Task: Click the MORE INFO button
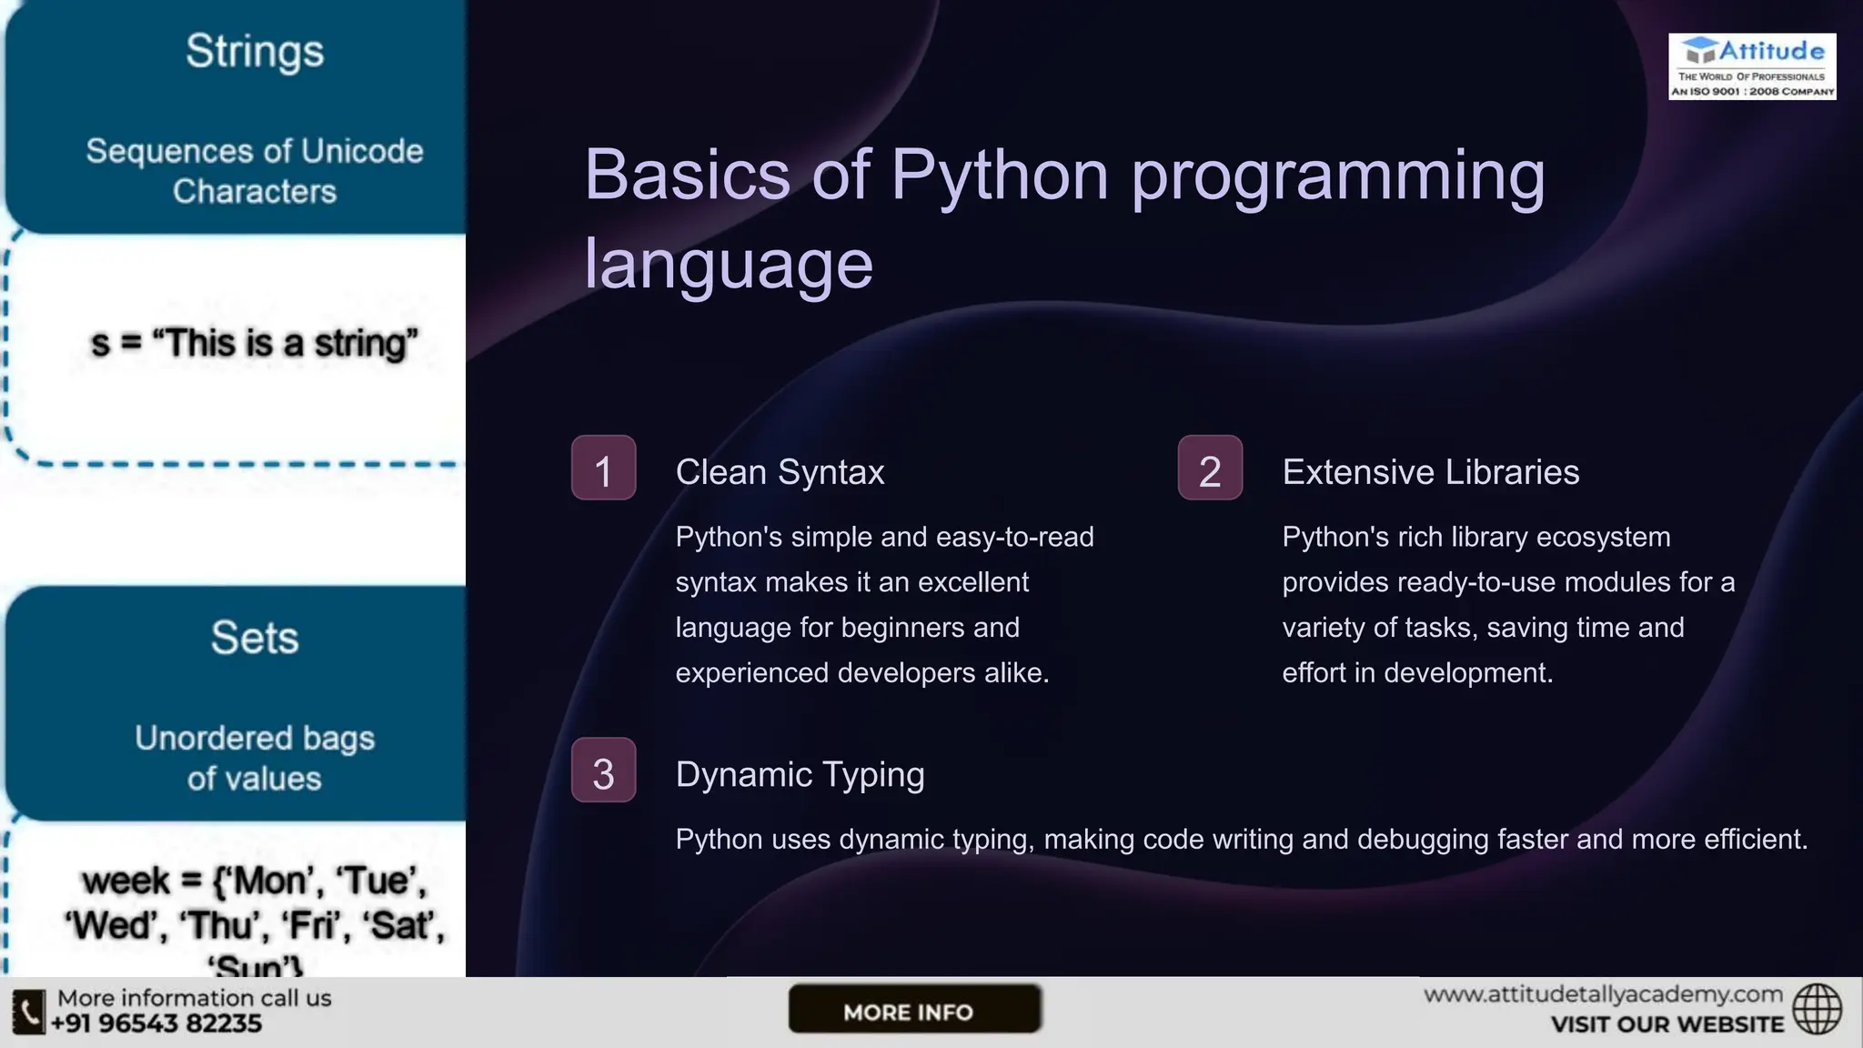[913, 1010]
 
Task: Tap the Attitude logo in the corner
[1752, 66]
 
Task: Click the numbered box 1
[603, 469]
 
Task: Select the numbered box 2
[1210, 469]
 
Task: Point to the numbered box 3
[603, 771]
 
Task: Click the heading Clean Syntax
[780, 472]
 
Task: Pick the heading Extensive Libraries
[1430, 472]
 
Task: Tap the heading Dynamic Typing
[800, 774]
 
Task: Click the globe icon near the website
[1817, 1009]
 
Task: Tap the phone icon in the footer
[28, 1012]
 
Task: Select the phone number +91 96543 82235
[156, 1023]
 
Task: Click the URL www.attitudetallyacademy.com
[1603, 994]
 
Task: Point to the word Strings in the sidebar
[255, 51]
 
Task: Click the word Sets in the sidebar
[255, 638]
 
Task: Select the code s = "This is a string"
[254, 344]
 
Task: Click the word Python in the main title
[999, 175]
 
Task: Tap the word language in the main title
[728, 264]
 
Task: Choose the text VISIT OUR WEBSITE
[1667, 1024]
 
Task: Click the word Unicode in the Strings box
[361, 151]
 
